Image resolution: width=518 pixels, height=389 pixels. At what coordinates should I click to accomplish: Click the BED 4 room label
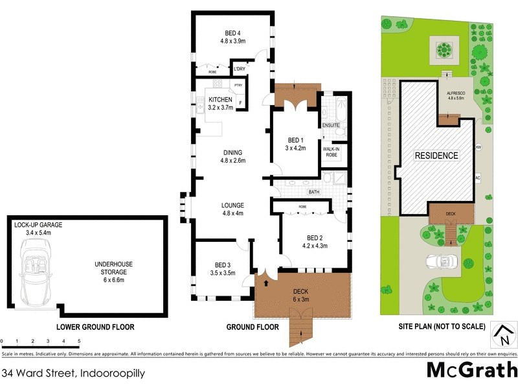click(x=233, y=33)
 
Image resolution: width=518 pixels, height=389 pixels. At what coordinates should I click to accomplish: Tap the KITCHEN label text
click(x=220, y=99)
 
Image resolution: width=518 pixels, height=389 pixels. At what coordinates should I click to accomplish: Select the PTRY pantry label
click(x=238, y=85)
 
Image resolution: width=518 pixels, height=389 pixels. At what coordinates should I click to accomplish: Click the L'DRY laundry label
click(x=240, y=69)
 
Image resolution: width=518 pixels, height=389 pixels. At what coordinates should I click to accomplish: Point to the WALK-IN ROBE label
click(x=331, y=152)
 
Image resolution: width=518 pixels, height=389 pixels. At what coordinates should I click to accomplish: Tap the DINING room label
click(x=233, y=153)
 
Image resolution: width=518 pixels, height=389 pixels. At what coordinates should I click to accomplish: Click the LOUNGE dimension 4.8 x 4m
click(x=233, y=213)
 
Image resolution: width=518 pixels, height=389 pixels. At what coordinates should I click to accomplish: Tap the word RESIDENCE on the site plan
click(x=436, y=156)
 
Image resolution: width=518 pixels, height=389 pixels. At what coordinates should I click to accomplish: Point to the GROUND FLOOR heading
click(x=253, y=327)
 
